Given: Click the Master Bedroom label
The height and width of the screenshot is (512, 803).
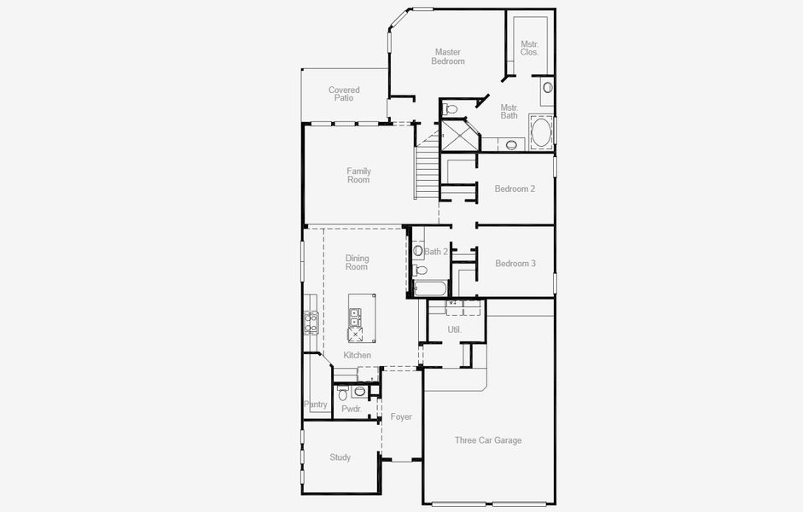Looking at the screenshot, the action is [448, 56].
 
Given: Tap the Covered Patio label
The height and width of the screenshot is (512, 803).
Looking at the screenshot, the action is [344, 94].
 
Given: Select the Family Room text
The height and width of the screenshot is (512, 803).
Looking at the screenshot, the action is [358, 175].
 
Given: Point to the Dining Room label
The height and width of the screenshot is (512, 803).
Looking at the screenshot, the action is [357, 263].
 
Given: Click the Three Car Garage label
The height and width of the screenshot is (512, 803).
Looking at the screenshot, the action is [488, 439].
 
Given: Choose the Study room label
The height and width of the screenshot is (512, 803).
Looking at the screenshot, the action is [340, 457].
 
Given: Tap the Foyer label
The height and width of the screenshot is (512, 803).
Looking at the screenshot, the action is [401, 416].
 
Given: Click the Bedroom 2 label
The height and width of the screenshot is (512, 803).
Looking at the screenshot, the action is [515, 189].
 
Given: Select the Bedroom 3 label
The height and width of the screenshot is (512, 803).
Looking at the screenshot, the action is [515, 263].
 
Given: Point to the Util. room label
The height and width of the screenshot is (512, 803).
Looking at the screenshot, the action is [455, 329].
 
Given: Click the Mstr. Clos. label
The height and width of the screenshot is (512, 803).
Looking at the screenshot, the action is [530, 48].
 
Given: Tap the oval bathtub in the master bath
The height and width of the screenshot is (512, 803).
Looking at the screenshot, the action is [541, 132].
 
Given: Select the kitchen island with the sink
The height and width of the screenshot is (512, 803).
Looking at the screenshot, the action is [362, 318].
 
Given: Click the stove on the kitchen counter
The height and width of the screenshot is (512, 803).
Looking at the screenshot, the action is [311, 323].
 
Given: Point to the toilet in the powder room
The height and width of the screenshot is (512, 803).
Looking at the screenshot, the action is [342, 394].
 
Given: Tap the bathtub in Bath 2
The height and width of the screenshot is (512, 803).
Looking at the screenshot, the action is [430, 288].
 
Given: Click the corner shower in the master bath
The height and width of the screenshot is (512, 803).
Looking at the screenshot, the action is [459, 135].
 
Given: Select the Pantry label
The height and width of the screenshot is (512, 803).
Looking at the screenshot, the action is [316, 404].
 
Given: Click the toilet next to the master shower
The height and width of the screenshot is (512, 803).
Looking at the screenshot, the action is [451, 108].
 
